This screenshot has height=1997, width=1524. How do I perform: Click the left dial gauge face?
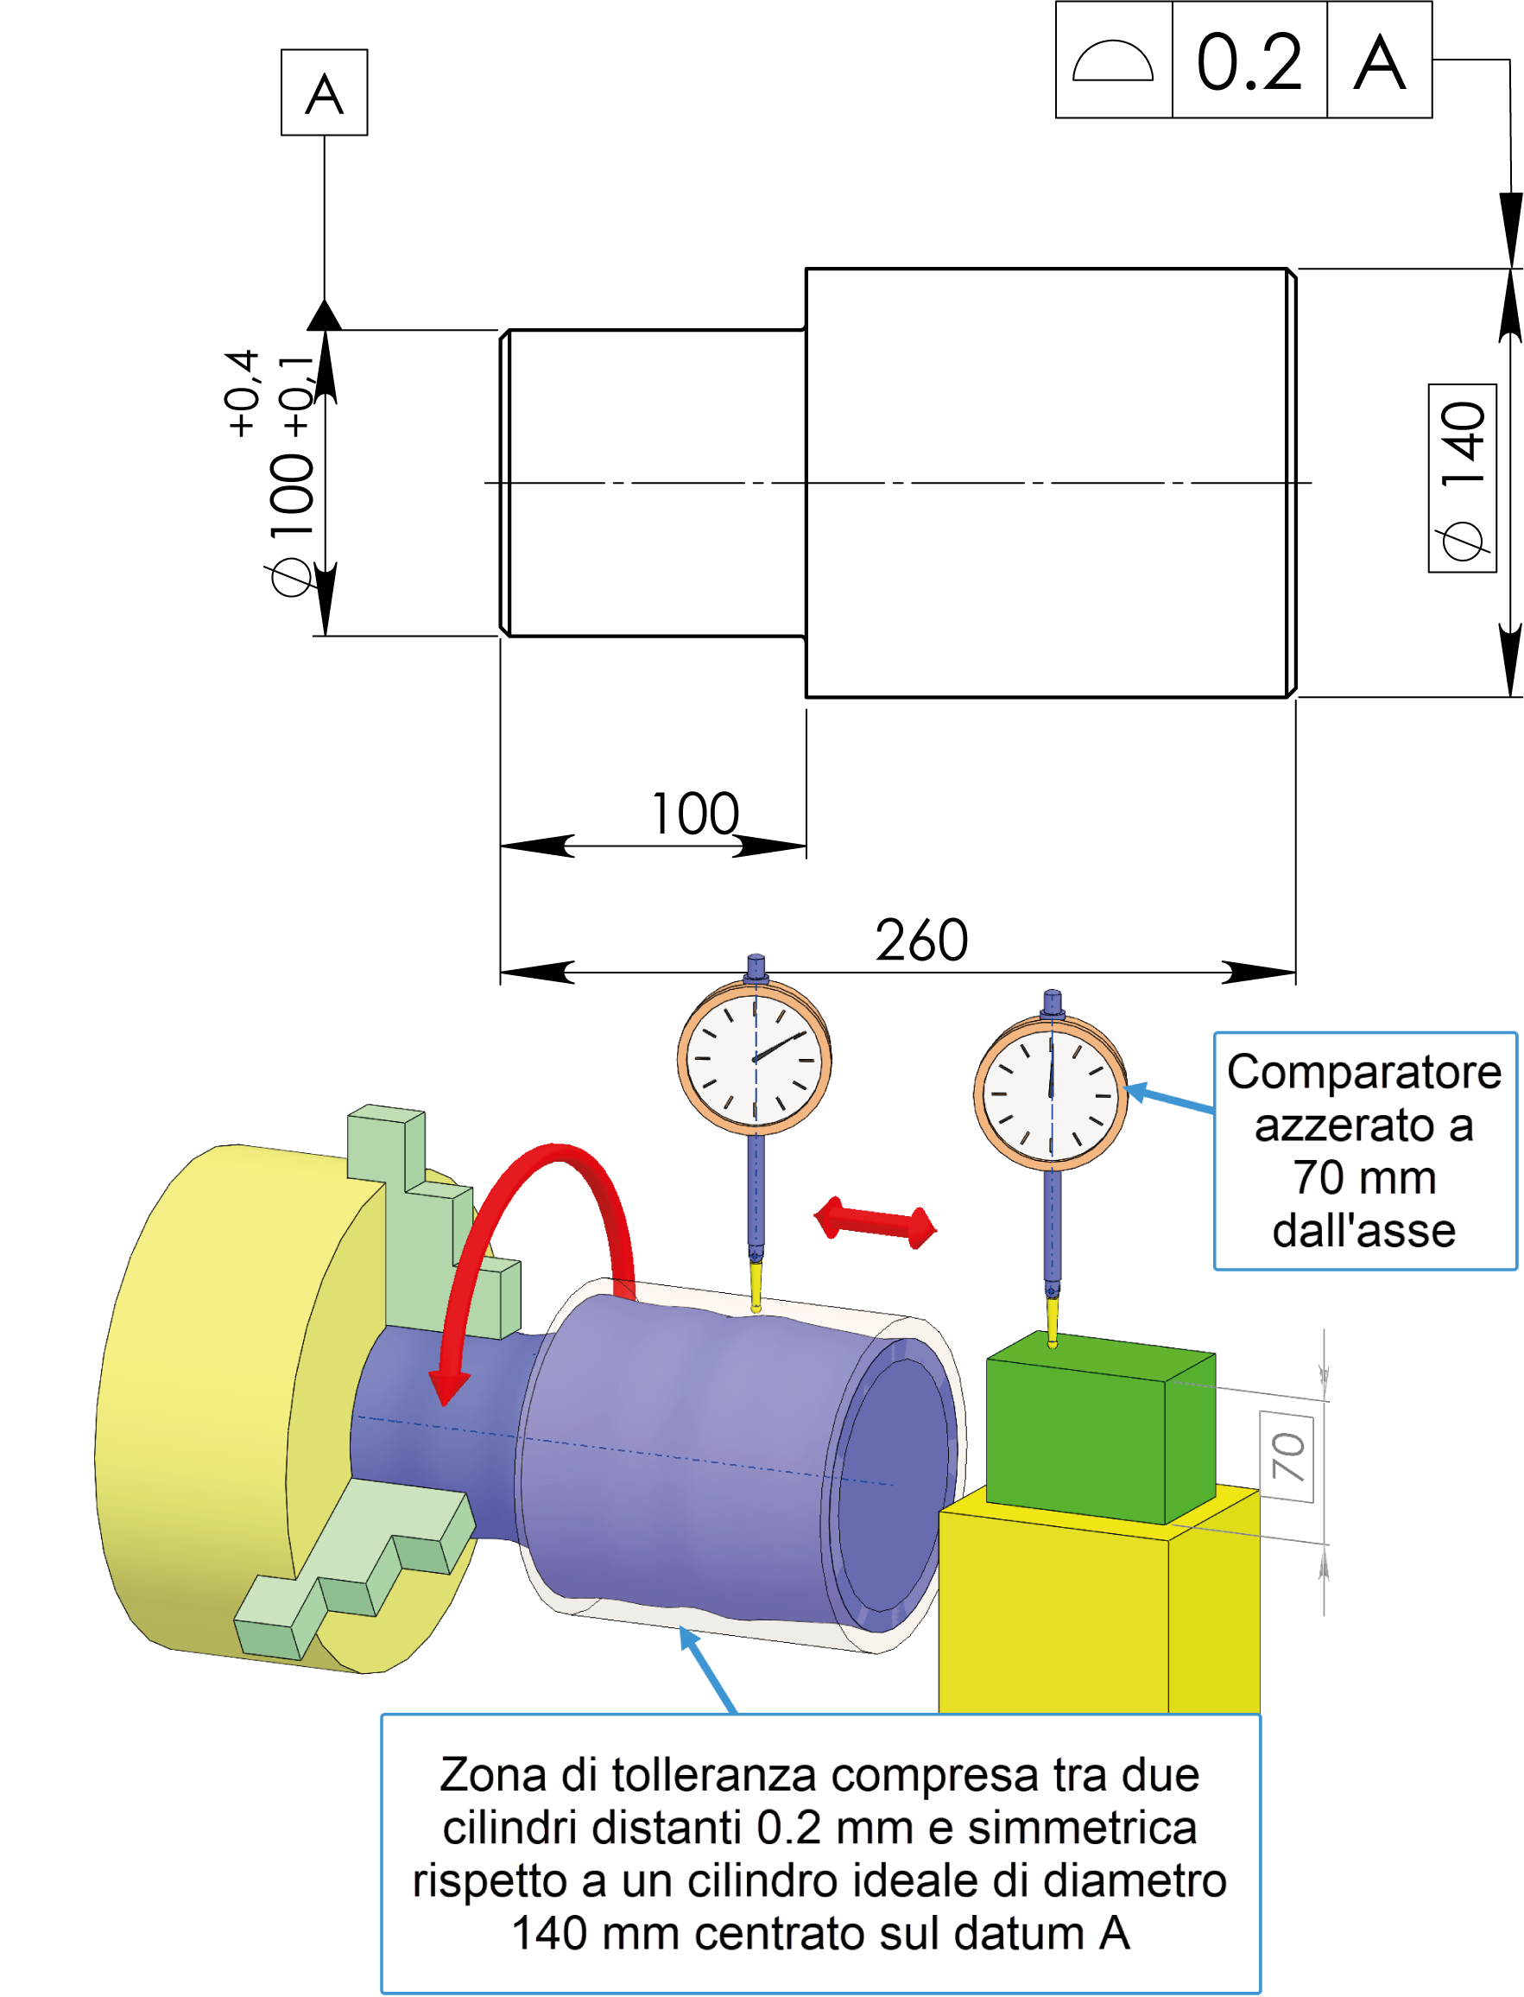pos(755,1058)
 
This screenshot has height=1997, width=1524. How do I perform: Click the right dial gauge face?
pos(1051,1094)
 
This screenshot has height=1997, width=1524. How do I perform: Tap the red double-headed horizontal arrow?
pos(876,1223)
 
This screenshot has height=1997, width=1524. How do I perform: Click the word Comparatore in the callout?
pos(1363,1073)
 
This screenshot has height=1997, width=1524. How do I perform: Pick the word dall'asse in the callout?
pos(1363,1231)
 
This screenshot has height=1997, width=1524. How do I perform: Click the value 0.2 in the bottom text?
pos(788,1829)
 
